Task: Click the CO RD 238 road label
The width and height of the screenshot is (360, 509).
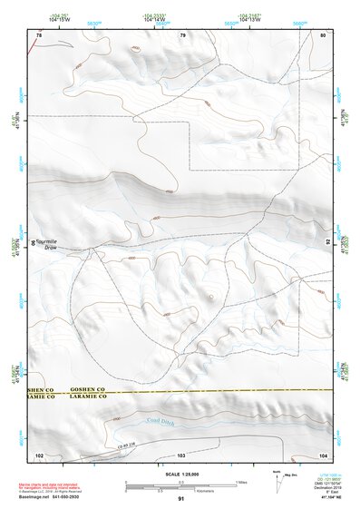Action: [131, 444]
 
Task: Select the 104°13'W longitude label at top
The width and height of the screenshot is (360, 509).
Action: [249, 19]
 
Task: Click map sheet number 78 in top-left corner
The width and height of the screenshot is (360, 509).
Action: [38, 34]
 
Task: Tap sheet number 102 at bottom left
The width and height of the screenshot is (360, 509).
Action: [39, 454]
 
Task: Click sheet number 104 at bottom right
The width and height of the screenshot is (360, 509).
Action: [322, 454]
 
